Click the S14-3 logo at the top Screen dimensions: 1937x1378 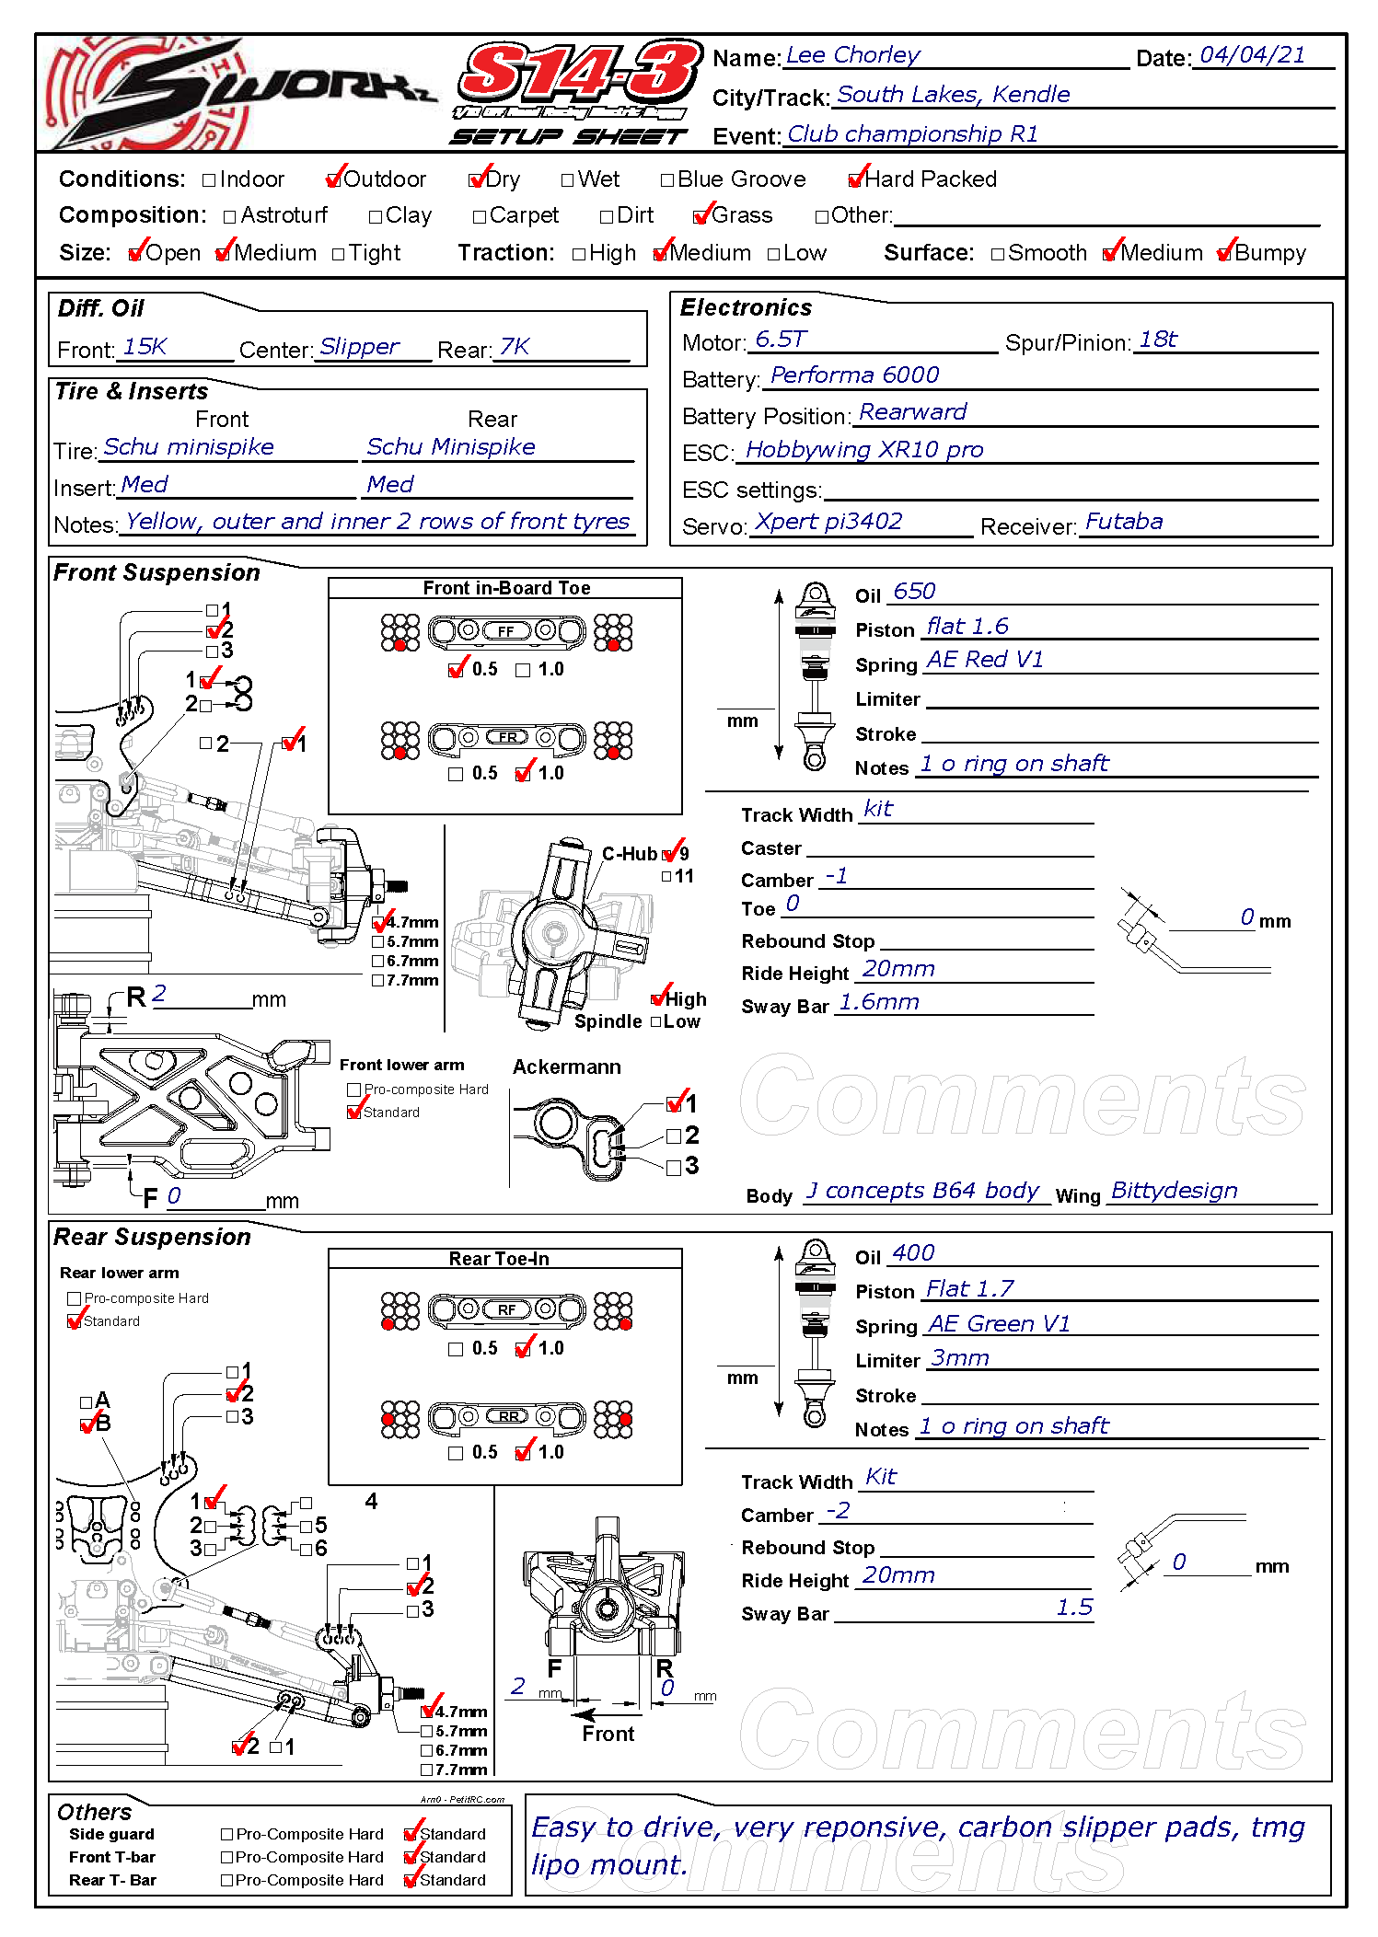pos(578,74)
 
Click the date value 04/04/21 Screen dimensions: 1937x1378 pos(1252,55)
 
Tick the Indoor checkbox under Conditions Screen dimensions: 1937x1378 pos(209,180)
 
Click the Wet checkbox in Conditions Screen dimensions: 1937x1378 pos(567,180)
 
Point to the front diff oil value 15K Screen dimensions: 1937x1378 pos(145,347)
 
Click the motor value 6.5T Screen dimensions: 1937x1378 pos(780,340)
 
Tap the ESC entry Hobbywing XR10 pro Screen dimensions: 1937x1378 pos(863,450)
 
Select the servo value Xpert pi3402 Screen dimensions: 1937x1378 pos(828,522)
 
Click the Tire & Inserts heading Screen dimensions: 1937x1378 pos(132,392)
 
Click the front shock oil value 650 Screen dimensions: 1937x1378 pos(913,592)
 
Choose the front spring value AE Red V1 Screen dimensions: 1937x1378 pos(984,660)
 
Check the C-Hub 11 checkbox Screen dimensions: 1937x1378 pos(666,877)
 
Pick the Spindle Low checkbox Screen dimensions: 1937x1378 pos(656,1022)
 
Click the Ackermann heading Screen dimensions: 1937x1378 pos(566,1067)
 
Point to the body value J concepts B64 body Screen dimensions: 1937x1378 pos(922,1191)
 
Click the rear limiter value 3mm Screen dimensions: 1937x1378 pos(959,1358)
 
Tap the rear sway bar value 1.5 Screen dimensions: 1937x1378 pos(1073,1608)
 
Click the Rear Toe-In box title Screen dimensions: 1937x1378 pos(498,1259)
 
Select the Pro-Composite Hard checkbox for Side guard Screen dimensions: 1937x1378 pos(227,1834)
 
